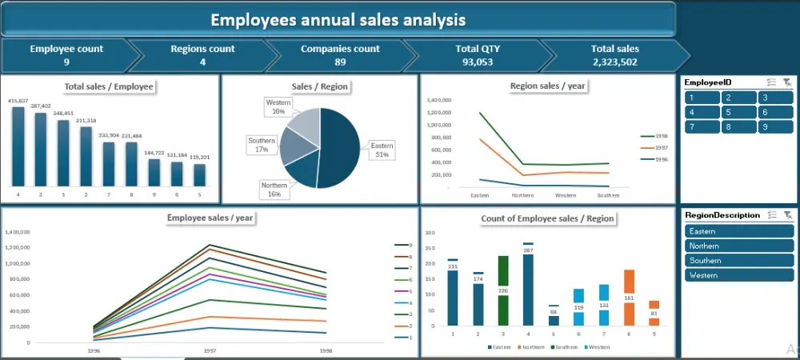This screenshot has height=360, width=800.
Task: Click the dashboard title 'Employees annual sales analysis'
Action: (x=338, y=19)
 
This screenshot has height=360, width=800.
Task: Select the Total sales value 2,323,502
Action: (x=615, y=62)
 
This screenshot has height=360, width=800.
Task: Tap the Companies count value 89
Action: (x=340, y=62)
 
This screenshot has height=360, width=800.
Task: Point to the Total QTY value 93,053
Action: (x=478, y=62)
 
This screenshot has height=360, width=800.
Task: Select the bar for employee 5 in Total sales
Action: (x=200, y=174)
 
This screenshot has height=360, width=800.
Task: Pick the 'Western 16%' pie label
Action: (x=278, y=107)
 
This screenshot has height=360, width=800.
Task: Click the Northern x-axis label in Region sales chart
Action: (x=522, y=195)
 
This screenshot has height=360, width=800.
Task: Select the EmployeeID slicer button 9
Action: (x=775, y=126)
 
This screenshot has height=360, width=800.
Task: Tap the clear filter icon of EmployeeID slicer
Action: (x=787, y=82)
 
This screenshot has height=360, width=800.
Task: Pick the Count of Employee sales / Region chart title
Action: (x=547, y=218)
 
